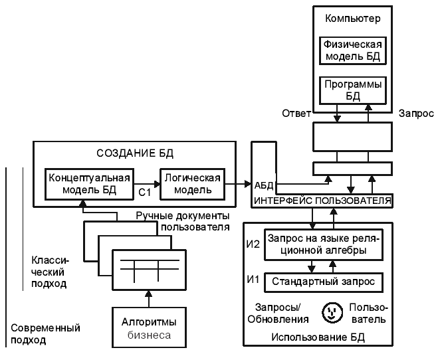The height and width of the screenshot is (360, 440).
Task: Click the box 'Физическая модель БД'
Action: point(352,50)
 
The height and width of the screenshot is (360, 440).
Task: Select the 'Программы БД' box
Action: point(352,90)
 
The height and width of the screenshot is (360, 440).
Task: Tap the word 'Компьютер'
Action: point(352,18)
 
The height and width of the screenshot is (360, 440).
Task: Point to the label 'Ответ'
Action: point(297,114)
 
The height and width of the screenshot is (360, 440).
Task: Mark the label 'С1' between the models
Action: point(146,193)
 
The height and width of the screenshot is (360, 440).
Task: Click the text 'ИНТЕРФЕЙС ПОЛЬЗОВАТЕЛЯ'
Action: point(322,200)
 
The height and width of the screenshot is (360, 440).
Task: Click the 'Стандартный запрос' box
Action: point(324,282)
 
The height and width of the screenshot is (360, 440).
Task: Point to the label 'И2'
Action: point(253,244)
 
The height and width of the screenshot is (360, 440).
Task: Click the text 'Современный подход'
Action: point(46,334)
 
